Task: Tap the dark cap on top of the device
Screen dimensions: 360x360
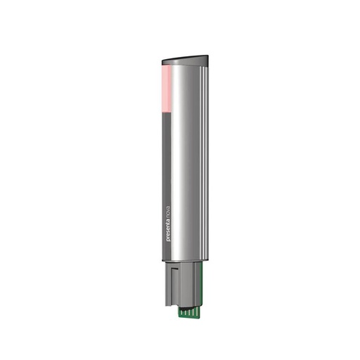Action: pyautogui.click(x=186, y=59)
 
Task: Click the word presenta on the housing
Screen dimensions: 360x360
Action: pyautogui.click(x=168, y=229)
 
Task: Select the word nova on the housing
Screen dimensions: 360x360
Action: pyautogui.click(x=168, y=204)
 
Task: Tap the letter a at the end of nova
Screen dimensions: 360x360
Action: pyautogui.click(x=168, y=197)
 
